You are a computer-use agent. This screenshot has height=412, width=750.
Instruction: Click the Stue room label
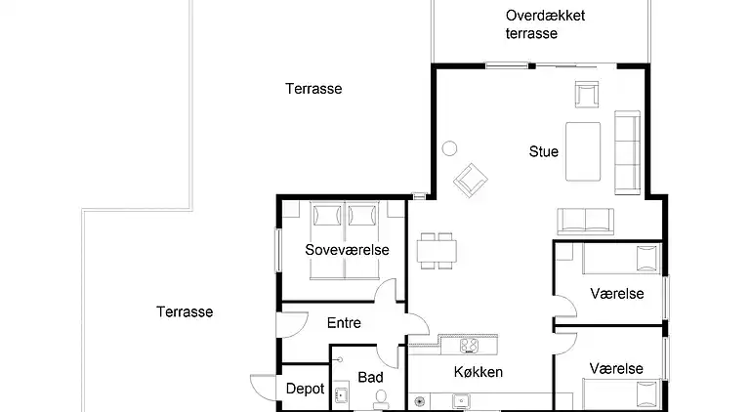(x=544, y=151)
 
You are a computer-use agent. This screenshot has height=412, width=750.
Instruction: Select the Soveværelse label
(x=347, y=250)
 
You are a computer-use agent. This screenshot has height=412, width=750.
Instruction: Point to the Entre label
(x=344, y=323)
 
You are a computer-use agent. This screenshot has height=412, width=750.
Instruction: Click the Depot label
(x=305, y=389)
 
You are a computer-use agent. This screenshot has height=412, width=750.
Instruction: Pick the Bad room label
(x=370, y=377)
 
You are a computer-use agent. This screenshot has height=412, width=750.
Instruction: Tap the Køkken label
(x=479, y=372)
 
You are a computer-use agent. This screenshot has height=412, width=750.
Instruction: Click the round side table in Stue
(x=450, y=148)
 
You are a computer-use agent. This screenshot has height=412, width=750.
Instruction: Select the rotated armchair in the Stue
(x=471, y=179)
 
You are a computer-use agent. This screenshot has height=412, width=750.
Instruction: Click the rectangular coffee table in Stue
(x=584, y=150)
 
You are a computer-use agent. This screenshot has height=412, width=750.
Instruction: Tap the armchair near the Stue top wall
(x=588, y=95)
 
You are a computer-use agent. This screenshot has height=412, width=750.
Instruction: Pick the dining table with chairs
(x=437, y=251)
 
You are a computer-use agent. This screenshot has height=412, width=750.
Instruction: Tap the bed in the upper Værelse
(x=621, y=261)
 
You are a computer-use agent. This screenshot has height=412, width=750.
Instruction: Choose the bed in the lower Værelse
(x=621, y=394)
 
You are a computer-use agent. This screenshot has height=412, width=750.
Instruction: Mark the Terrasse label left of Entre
(x=185, y=312)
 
